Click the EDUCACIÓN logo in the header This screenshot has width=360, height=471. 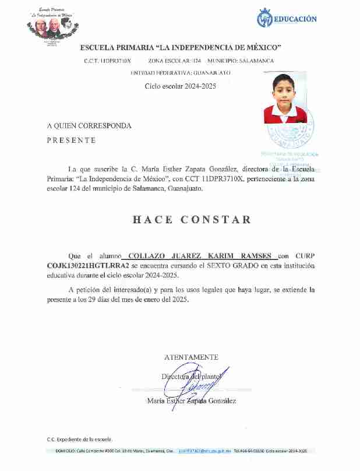click(287, 19)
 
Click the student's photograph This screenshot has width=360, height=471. click(285, 98)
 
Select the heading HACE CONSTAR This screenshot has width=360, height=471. click(192, 220)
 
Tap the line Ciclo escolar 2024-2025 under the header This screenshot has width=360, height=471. click(180, 86)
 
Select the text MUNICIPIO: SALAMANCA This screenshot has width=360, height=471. click(240, 61)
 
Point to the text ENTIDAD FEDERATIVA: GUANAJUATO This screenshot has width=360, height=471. click(180, 73)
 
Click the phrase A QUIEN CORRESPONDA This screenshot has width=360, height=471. click(89, 125)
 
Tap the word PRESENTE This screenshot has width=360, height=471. click(71, 140)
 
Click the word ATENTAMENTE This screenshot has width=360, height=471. click(191, 357)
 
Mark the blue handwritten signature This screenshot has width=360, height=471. click(198, 384)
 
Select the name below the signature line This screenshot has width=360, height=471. click(191, 401)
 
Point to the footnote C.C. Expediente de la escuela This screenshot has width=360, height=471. click(80, 439)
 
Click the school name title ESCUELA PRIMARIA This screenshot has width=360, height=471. click(181, 47)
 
